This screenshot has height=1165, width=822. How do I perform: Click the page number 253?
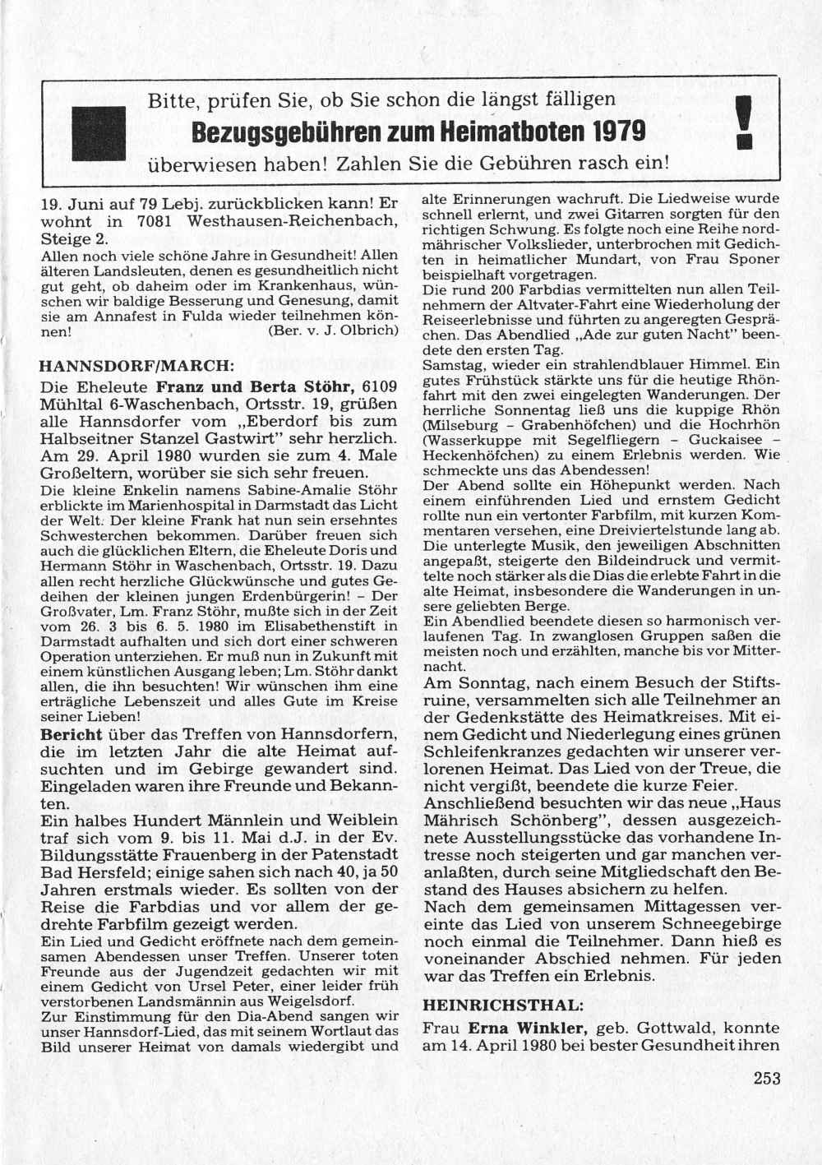point(767,1079)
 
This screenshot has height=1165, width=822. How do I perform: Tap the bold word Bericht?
point(72,733)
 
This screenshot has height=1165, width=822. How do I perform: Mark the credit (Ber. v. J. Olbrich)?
point(333,331)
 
